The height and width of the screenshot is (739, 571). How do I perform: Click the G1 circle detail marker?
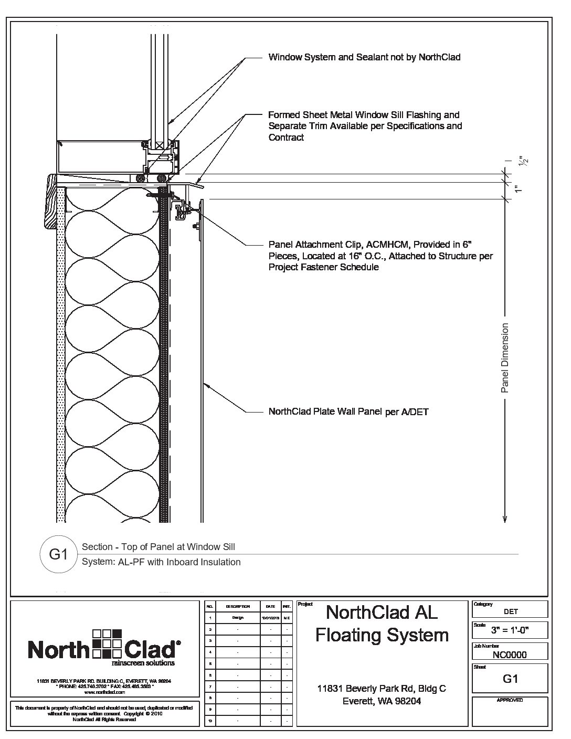(58, 554)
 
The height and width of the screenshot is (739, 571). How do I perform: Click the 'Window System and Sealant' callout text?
(364, 57)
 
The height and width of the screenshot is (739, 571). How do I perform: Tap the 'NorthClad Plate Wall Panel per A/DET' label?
(348, 412)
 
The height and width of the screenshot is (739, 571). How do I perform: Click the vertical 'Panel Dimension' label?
(505, 358)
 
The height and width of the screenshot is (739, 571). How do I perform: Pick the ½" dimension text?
(523, 161)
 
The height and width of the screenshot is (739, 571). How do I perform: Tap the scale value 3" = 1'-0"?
(510, 630)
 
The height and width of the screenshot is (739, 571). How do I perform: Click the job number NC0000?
(510, 654)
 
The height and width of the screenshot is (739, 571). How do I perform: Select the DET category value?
(510, 611)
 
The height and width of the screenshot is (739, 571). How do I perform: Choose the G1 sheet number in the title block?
(510, 679)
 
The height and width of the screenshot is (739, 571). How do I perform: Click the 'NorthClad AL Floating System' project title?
(382, 624)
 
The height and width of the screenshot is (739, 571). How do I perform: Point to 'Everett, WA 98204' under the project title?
(382, 701)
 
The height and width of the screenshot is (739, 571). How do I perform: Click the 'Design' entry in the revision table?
(237, 618)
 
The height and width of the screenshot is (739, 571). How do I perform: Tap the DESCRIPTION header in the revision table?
(237, 606)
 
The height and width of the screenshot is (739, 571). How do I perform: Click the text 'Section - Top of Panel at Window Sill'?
(158, 547)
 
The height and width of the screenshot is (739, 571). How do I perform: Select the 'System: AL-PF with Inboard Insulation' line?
(161, 562)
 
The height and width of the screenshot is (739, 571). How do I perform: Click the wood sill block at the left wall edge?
(52, 201)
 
